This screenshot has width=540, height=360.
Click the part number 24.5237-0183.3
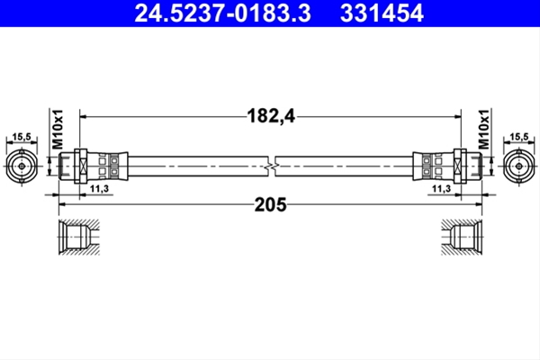click(223, 13)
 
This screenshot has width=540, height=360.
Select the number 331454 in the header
click(382, 13)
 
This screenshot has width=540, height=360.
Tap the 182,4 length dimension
click(271, 116)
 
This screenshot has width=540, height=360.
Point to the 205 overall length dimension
click(270, 204)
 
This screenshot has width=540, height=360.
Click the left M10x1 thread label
click(58, 130)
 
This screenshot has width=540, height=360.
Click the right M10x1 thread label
click(483, 130)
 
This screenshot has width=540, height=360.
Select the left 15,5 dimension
click(22, 137)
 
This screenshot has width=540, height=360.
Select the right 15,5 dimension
click(519, 137)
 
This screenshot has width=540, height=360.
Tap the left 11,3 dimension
click(99, 189)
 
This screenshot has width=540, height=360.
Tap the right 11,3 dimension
click(442, 189)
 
